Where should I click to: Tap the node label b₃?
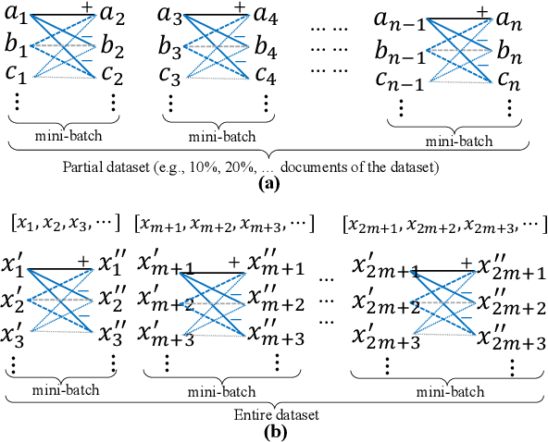pos(171,43)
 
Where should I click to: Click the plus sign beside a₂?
pos(86,8)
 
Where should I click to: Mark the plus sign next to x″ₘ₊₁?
pos(233,261)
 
